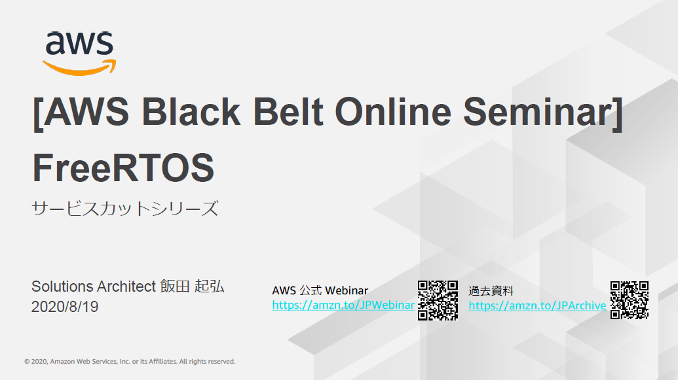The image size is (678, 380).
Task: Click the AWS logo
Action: [79, 53]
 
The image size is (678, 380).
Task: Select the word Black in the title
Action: [191, 112]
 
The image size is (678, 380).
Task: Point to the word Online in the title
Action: [393, 112]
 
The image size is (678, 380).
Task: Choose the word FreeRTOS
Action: [123, 168]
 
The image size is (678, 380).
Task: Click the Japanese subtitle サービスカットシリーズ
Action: [124, 209]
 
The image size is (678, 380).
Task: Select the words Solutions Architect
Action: [94, 286]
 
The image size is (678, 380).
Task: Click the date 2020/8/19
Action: [65, 306]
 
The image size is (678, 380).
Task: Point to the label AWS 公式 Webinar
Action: [320, 290]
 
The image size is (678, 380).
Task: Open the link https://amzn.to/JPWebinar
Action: [343, 305]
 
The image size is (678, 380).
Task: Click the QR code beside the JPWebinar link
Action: [438, 300]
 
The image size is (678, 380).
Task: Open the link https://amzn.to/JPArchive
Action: [537, 305]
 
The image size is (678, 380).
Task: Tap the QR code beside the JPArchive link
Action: [630, 300]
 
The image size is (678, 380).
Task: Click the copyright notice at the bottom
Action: [130, 361]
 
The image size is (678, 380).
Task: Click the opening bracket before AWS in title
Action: [37, 112]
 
